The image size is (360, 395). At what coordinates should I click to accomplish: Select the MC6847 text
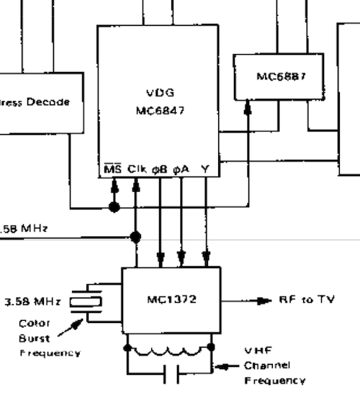[x=158, y=110]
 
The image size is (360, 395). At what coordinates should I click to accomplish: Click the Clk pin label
[x=137, y=169]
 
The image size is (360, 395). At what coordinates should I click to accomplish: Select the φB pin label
[x=159, y=169]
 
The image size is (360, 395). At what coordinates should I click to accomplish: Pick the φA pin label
[x=181, y=169]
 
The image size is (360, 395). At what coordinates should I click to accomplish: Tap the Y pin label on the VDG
[x=205, y=169]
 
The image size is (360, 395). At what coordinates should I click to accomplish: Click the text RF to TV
[x=307, y=299]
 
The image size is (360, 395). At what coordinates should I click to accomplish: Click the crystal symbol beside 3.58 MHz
[x=88, y=302]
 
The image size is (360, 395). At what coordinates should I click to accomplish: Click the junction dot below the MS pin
[x=113, y=208]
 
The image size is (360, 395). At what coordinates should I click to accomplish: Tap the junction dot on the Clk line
[x=135, y=236]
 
